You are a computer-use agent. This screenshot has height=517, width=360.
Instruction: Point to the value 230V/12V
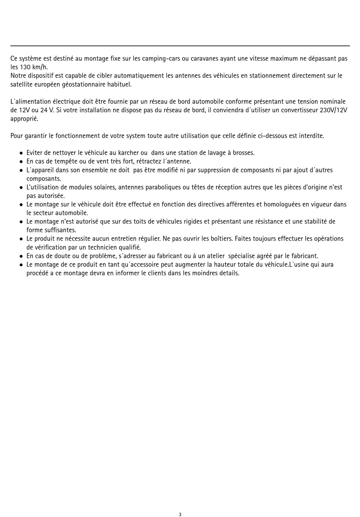tap(331, 110)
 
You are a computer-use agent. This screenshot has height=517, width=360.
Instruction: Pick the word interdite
tap(311, 136)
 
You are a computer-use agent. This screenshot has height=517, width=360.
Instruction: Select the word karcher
tap(128, 153)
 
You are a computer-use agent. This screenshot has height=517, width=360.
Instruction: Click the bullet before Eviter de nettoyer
tap(21, 153)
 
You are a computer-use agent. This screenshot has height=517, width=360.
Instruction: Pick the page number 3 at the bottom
tap(180, 514)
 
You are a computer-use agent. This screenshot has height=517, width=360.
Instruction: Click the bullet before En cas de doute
tap(21, 256)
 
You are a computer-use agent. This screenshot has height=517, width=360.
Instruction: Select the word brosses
tap(243, 153)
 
